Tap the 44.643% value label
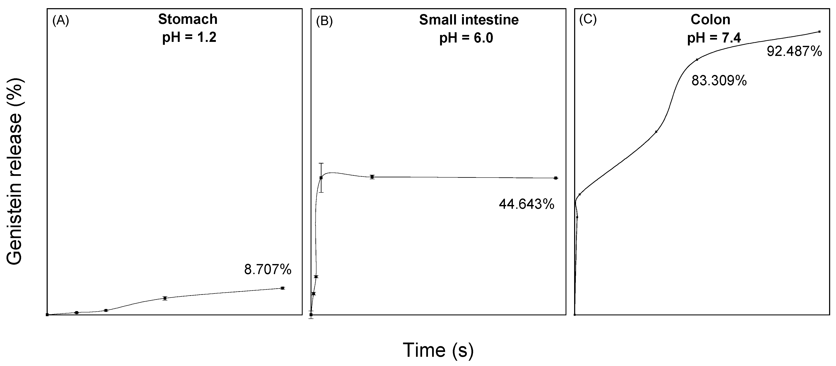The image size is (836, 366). point(526,205)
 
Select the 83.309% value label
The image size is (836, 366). point(719,81)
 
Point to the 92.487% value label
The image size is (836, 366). point(794,51)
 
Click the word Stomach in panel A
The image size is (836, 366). point(188,19)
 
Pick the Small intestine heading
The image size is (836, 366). point(469,20)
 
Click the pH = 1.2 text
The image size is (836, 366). point(189,38)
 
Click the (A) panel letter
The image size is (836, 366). point(61,21)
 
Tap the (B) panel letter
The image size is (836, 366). point(324,21)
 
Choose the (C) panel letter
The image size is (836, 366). point(588,20)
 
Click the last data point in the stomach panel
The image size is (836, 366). point(282,288)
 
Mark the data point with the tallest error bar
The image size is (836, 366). point(321,178)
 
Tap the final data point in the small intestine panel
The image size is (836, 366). point(556,178)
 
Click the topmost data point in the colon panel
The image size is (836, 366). point(819,31)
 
